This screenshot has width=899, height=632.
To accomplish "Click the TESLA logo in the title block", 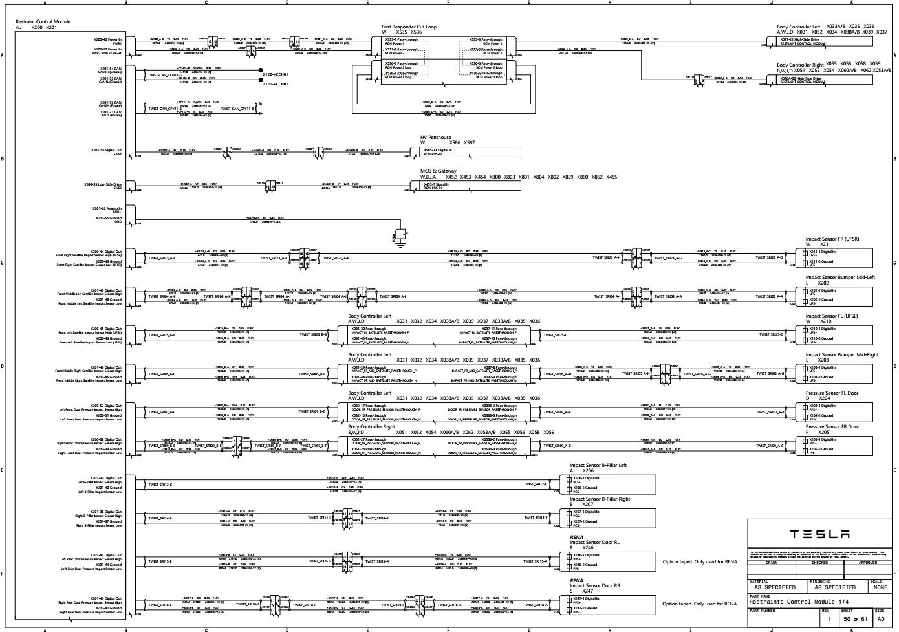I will (819, 534).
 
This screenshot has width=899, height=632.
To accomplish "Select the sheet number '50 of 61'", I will (854, 620).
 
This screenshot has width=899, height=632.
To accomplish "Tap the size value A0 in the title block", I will (880, 620).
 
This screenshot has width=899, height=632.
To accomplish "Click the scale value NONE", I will (880, 587).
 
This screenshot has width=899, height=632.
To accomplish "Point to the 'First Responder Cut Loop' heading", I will (409, 27).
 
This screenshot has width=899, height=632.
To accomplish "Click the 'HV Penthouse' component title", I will (435, 138).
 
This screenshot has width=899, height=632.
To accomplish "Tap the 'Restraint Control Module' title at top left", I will (43, 22).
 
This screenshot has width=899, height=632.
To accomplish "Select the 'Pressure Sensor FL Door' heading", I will (832, 393).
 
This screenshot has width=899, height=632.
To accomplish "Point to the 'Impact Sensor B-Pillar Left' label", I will (598, 466).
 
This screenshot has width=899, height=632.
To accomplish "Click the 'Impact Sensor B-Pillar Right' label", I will (600, 499).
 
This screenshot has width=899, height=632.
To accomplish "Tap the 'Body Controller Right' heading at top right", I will (800, 65).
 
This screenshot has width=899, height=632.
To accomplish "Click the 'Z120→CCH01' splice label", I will (275, 75).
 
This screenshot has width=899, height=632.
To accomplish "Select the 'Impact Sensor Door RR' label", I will (594, 585).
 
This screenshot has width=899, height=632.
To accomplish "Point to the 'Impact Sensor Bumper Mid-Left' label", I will (839, 278).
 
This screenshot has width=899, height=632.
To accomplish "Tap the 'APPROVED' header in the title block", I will (868, 563).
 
